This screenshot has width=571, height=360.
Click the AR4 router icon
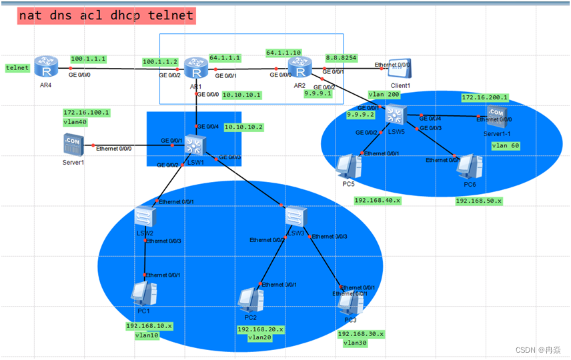[x=46, y=67]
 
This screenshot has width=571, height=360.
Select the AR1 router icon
[x=195, y=68]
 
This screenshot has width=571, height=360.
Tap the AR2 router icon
[x=299, y=68]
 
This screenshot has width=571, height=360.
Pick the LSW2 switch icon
[x=144, y=217]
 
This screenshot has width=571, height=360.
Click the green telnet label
[x=17, y=67]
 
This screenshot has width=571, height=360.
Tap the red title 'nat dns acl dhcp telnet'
[x=106, y=15]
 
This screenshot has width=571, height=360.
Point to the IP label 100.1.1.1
[x=88, y=59]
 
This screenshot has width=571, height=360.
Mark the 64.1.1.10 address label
[x=283, y=52]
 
